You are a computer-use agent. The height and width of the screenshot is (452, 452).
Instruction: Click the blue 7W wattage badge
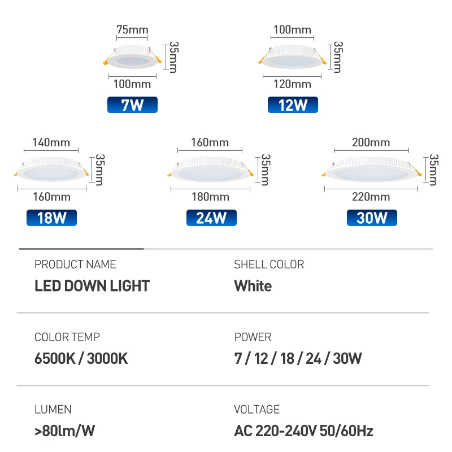[132, 105]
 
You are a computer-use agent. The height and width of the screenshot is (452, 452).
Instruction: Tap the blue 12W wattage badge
[293, 105]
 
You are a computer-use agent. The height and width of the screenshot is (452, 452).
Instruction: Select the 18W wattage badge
[51, 218]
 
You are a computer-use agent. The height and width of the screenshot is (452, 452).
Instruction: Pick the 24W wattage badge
[211, 218]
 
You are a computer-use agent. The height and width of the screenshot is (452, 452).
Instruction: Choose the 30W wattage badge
[372, 218]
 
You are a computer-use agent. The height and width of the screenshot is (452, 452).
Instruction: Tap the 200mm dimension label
[371, 142]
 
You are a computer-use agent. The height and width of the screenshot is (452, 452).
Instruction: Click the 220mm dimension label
[371, 197]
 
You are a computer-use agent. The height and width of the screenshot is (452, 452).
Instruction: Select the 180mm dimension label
[210, 197]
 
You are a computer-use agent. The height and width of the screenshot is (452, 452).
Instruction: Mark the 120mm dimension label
[292, 84]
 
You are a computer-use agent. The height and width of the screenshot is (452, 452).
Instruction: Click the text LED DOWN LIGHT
[92, 286]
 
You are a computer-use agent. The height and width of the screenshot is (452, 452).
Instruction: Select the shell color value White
[253, 286]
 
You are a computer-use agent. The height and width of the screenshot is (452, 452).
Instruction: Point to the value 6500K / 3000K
[81, 358]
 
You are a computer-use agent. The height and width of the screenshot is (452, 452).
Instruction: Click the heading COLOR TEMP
[67, 337]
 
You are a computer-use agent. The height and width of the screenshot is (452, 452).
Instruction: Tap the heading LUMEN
[53, 410]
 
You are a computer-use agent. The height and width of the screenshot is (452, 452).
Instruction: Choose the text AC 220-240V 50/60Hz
[303, 431]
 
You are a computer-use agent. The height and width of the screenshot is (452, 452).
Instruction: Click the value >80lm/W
[64, 431]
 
